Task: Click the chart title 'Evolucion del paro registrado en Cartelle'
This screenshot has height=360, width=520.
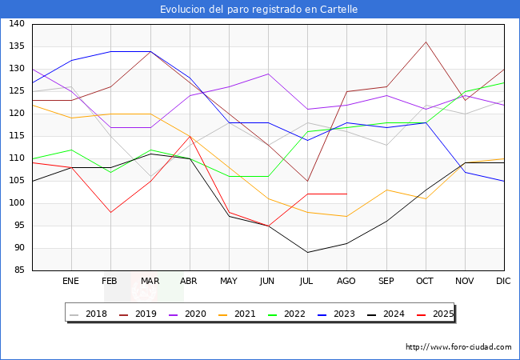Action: [x=259, y=10]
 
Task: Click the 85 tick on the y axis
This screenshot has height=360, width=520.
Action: [x=18, y=270]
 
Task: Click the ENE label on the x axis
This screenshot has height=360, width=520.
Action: [x=70, y=282]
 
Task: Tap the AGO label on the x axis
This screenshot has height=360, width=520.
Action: [x=346, y=282]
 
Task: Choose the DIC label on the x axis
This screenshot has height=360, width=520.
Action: [x=503, y=282]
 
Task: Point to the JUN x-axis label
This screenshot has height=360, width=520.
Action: [x=267, y=282]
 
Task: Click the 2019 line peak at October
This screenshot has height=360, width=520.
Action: [x=425, y=42]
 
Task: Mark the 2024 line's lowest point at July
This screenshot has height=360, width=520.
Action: [x=306, y=252]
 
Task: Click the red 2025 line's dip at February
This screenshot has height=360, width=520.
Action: [x=110, y=212]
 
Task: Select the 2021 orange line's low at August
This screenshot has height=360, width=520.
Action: [x=346, y=217]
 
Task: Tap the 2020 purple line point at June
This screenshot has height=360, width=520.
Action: [x=267, y=74]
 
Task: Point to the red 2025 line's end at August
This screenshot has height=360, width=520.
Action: [x=346, y=194]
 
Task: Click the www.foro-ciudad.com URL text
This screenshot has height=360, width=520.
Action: [x=458, y=347]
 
